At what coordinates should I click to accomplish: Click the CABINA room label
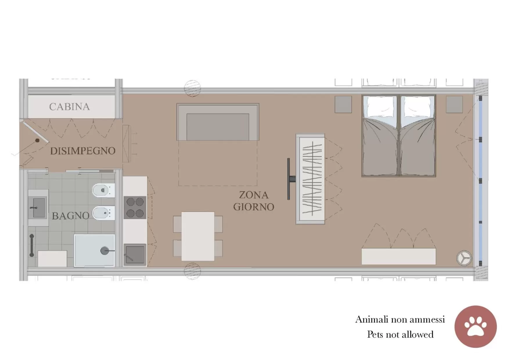pos(69,107)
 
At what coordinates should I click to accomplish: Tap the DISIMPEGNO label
pos(83,151)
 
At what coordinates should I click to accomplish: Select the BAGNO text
pos(71,216)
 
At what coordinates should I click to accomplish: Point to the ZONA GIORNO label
pos(254,201)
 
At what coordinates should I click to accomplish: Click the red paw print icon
pos(475,327)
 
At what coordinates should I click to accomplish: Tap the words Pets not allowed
pos(400,334)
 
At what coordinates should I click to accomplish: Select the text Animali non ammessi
pos(400,319)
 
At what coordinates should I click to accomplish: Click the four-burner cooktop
pos(135,207)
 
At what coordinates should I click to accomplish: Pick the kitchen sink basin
pos(135,255)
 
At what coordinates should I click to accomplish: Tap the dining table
pos(198,236)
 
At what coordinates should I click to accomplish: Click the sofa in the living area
pos(218,122)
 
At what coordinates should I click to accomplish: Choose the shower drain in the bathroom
pos(104,250)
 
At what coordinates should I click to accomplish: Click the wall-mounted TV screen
pos(288,179)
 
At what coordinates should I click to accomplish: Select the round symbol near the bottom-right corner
pos(464,258)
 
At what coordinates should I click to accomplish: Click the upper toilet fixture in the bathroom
pos(103,190)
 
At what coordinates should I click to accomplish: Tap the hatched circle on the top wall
pos(192,88)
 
